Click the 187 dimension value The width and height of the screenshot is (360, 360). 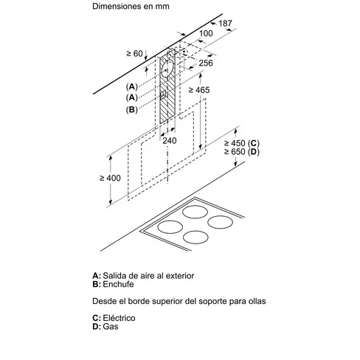pyautogui.click(x=225, y=24)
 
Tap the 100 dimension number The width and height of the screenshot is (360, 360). pyautogui.click(x=206, y=33)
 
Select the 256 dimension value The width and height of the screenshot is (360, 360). pyautogui.click(x=206, y=63)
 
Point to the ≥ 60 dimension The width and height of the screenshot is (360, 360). pyautogui.click(x=134, y=53)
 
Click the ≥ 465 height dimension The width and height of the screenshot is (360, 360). pyautogui.click(x=199, y=90)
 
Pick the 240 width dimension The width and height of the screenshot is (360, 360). pyautogui.click(x=170, y=141)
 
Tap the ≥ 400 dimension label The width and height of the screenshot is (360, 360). pyautogui.click(x=110, y=178)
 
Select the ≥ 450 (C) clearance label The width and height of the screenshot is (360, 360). pyautogui.click(x=242, y=143)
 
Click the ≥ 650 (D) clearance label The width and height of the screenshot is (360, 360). pyautogui.click(x=242, y=152)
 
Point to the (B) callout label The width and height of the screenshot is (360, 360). pyautogui.click(x=131, y=109)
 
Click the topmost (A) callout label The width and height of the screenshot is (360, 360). pyautogui.click(x=131, y=86)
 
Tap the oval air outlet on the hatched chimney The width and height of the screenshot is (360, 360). pyautogui.click(x=167, y=68)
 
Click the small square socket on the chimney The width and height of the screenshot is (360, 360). pyautogui.click(x=163, y=95)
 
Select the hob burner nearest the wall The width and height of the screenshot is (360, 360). pyautogui.click(x=195, y=212)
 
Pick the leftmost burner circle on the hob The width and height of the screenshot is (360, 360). pyautogui.click(x=170, y=227)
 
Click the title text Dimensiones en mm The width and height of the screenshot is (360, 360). pyautogui.click(x=131, y=6)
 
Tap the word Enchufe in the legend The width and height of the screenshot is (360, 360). pyautogui.click(x=118, y=284)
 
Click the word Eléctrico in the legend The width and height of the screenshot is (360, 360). pyautogui.click(x=119, y=318)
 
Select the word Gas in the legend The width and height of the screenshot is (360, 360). pyautogui.click(x=111, y=327)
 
